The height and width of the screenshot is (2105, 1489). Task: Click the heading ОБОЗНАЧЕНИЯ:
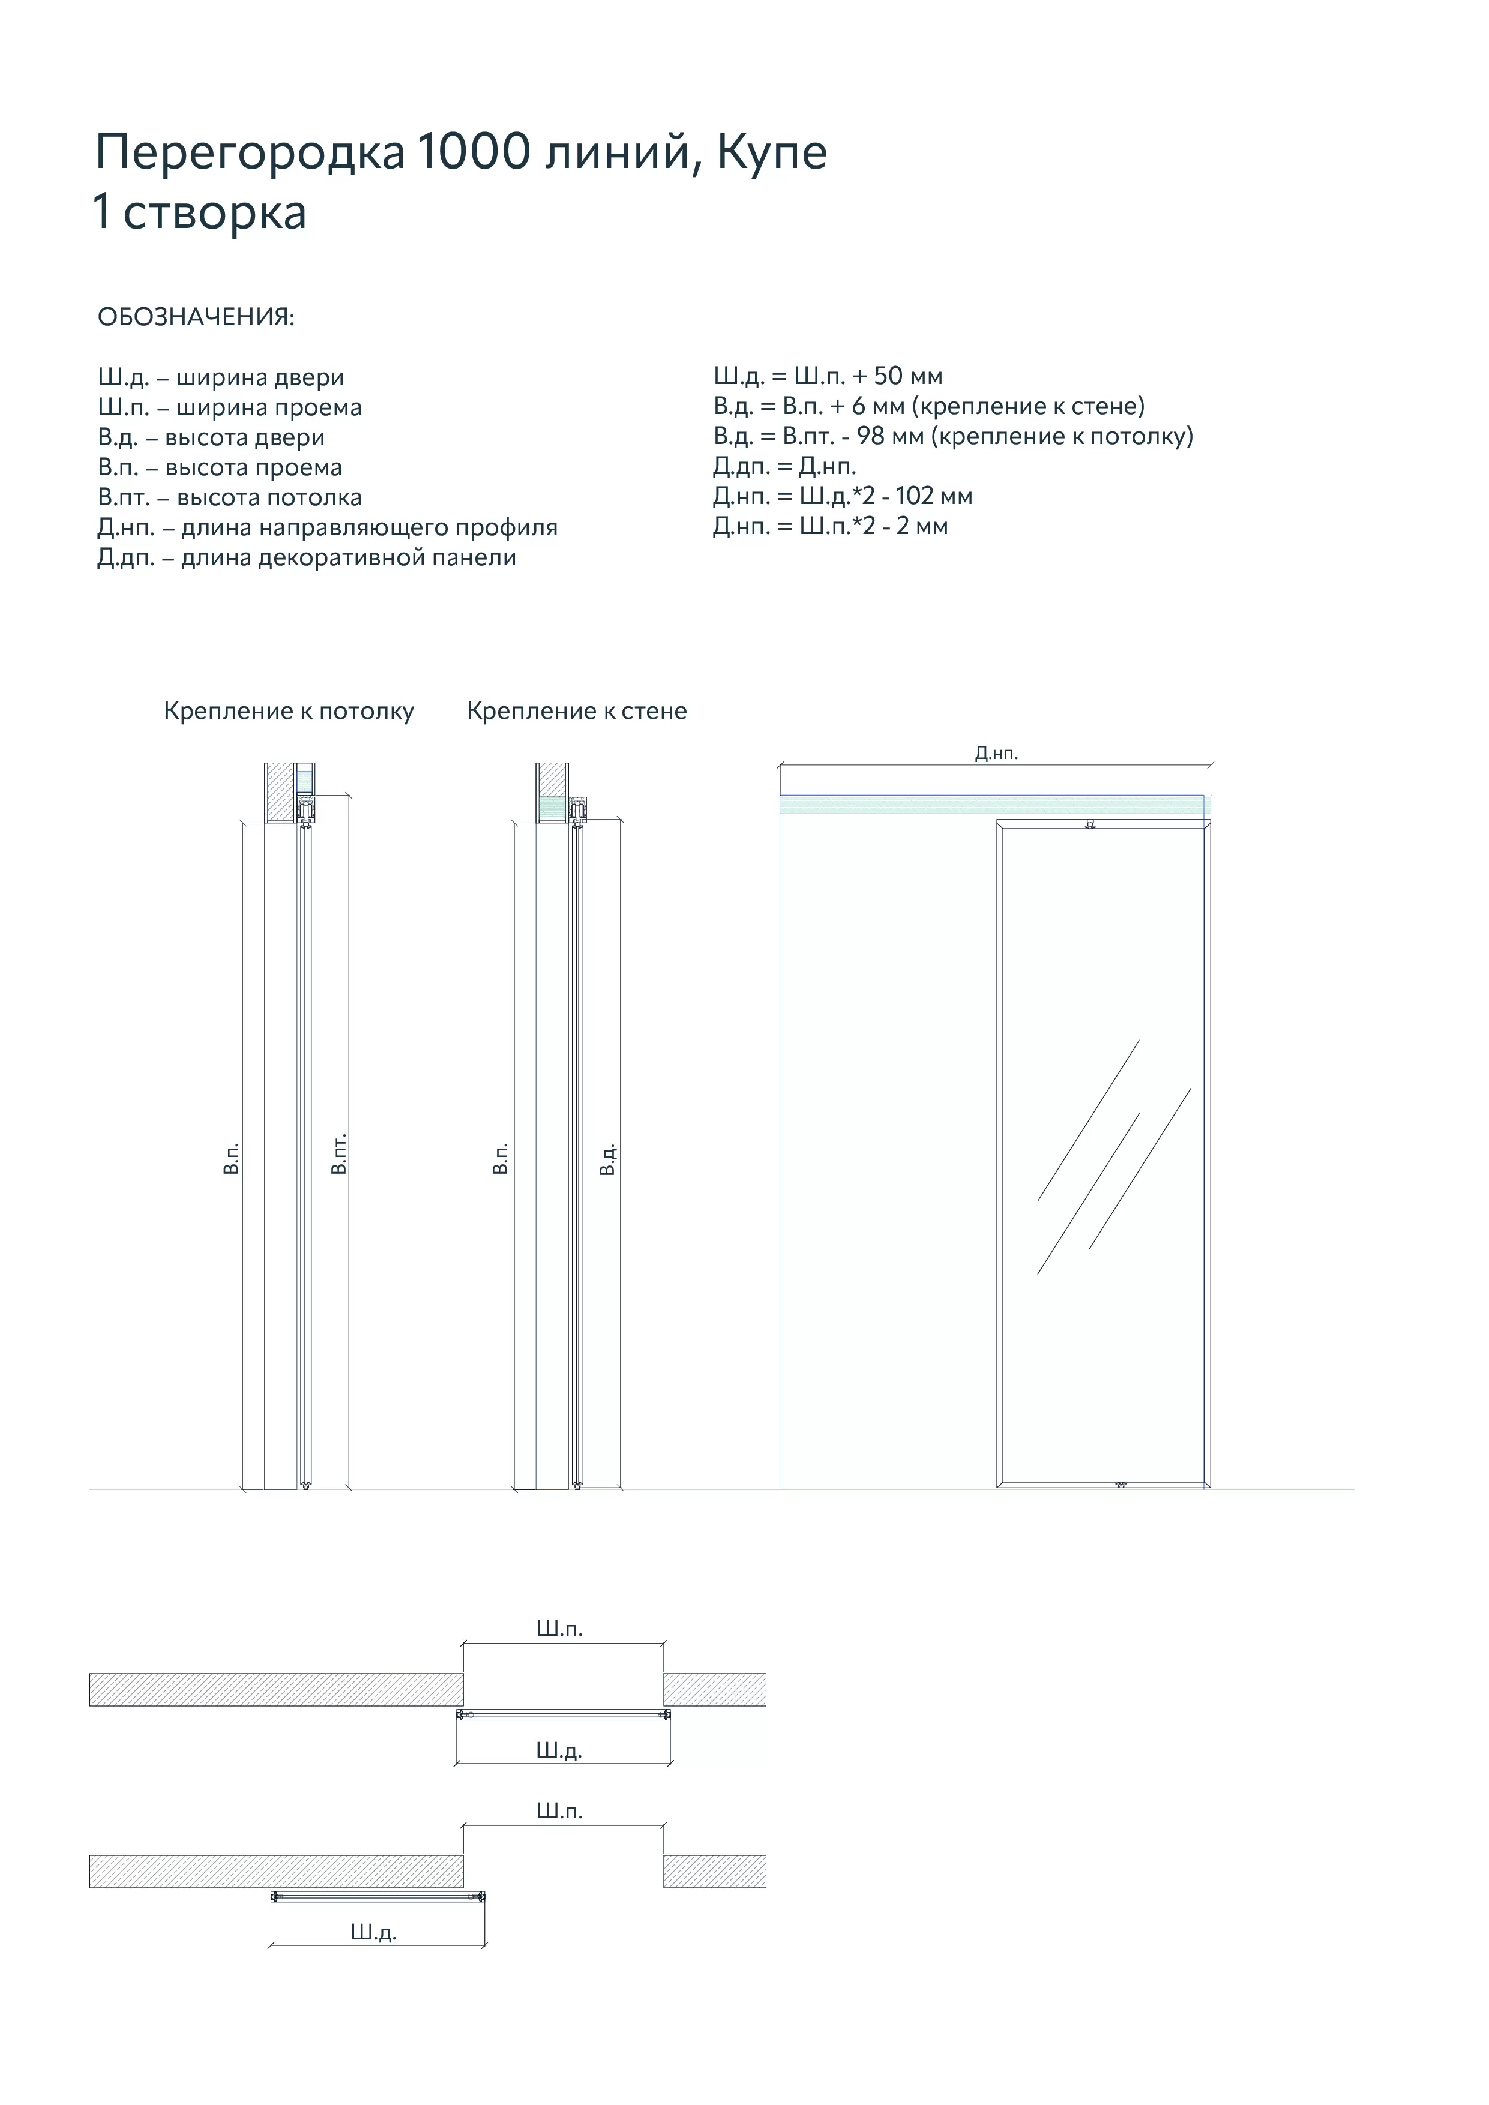196,317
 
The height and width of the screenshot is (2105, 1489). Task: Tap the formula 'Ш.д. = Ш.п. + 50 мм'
828,376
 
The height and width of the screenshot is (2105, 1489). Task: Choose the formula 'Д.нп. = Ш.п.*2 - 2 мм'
831,526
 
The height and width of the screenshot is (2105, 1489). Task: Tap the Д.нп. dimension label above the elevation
997,754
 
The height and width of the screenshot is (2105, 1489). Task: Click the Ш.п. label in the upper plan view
559,1629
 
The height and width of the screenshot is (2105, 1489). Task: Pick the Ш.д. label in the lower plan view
373,1933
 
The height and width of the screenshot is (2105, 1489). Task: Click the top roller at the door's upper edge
1090,824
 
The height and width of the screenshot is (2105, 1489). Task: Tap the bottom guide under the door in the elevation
1121,1483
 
